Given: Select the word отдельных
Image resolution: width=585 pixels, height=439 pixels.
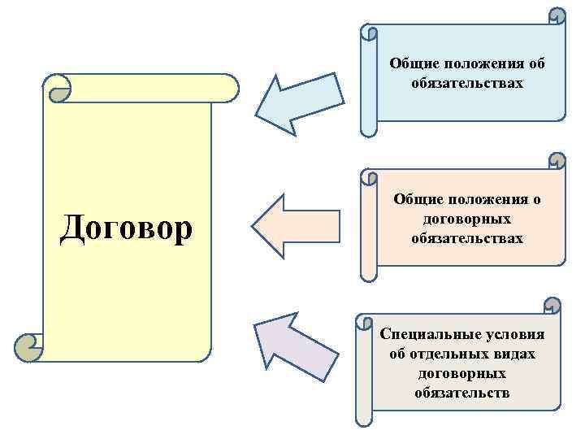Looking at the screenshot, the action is (x=457, y=354).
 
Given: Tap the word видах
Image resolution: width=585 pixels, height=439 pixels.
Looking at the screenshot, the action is (x=517, y=354).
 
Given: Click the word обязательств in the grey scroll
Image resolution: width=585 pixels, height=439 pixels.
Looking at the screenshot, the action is (x=461, y=393).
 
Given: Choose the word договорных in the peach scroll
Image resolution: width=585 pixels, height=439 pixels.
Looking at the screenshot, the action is (x=466, y=219).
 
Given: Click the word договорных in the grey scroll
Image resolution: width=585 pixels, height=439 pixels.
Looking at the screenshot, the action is (x=461, y=374).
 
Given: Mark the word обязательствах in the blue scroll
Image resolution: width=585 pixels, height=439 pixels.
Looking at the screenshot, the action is (x=466, y=83).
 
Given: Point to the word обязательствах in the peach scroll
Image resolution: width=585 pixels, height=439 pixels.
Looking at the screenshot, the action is (x=466, y=239).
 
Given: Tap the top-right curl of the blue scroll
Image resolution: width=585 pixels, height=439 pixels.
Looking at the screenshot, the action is (x=557, y=16).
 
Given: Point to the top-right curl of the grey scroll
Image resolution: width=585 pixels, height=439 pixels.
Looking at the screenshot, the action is (x=552, y=306).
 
